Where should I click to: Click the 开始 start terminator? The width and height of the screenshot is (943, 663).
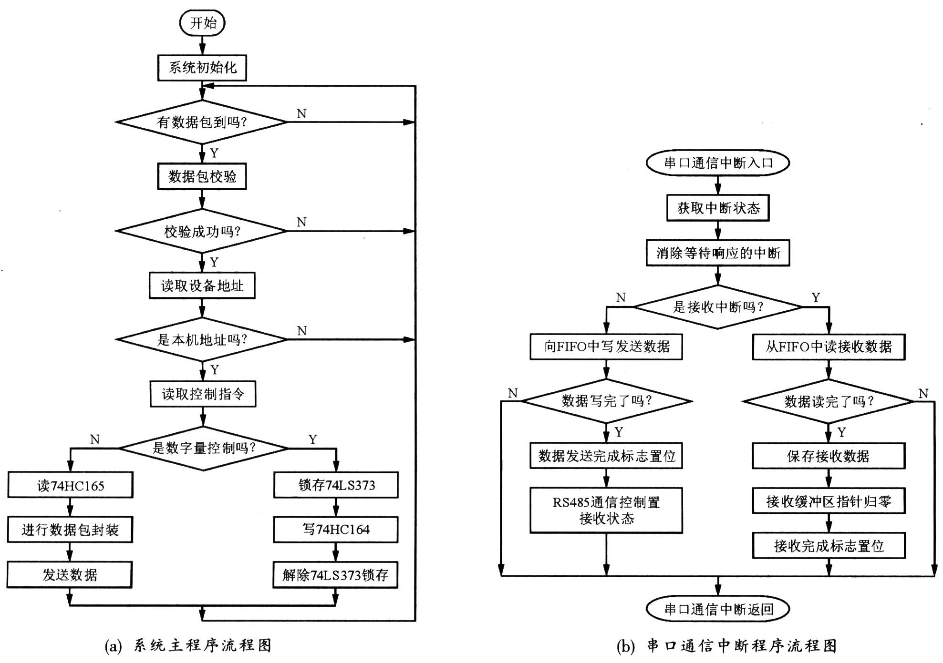pos(202,23)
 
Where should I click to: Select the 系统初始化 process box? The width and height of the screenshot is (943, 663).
pos(202,68)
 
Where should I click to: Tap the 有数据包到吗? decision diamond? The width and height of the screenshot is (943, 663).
pos(202,122)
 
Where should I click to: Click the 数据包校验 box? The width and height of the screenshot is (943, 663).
pos(202,177)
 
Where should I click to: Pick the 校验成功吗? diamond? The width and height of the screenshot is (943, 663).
pos(202,231)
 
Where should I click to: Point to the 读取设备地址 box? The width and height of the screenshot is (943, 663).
pos(202,286)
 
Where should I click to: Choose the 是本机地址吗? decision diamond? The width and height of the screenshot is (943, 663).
pos(202,339)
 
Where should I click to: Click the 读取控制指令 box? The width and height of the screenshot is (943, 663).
pos(203,394)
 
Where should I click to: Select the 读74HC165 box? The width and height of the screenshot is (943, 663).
pos(70,485)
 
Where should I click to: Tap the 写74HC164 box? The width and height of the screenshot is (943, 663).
pos(336,530)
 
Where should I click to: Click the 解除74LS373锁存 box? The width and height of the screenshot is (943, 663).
pos(336,575)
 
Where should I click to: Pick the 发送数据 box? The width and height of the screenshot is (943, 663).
pos(70,575)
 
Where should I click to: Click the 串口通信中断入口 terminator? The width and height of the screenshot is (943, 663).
pos(718,163)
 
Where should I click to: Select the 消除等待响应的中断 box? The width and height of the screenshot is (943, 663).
pos(718,253)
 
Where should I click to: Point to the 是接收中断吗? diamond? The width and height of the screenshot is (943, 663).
pos(718,307)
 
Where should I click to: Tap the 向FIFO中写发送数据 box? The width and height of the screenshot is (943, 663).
pos(606,347)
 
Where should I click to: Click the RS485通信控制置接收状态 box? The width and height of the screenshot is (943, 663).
pos(606,510)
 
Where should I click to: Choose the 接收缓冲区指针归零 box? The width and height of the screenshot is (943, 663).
pos(829,501)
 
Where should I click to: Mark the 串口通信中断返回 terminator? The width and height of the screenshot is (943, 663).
pos(718,609)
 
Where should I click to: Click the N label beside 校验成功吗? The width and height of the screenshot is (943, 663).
pos(301,222)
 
